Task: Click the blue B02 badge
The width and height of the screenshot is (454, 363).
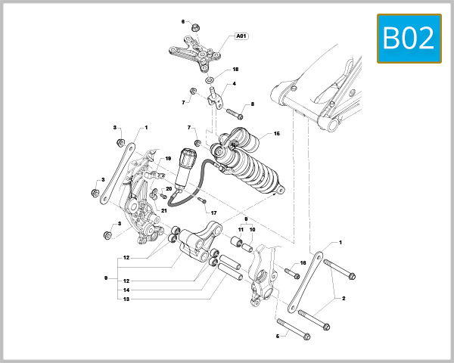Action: click(x=409, y=38)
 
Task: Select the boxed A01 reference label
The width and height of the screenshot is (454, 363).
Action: click(x=242, y=36)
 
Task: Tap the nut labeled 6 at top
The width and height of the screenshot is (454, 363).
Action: click(x=195, y=29)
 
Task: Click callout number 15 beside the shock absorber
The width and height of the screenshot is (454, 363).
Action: click(x=277, y=134)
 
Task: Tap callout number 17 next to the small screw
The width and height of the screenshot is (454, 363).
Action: click(x=214, y=213)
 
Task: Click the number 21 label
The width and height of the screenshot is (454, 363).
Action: click(x=163, y=210)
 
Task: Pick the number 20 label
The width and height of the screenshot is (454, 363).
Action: click(x=169, y=188)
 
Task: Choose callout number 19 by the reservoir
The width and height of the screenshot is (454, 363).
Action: click(x=168, y=159)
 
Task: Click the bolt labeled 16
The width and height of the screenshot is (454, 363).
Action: click(x=292, y=270)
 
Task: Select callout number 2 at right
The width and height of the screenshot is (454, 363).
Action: click(x=344, y=299)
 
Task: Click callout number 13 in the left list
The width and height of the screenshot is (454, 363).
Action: click(x=126, y=299)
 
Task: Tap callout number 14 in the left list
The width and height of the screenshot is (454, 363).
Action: click(x=126, y=290)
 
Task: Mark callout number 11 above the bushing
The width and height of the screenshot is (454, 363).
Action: click(x=241, y=229)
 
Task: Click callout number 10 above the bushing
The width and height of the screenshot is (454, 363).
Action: click(x=253, y=229)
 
